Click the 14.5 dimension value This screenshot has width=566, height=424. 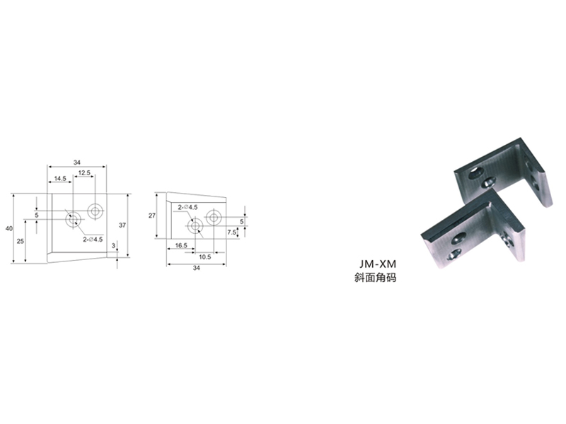coord(60,179)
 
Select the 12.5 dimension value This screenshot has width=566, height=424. coord(84,172)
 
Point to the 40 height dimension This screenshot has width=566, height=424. coord(9,228)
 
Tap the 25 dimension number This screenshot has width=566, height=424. coord(21,241)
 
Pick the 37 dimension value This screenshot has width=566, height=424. coord(122,225)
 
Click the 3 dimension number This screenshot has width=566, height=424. coord(113,246)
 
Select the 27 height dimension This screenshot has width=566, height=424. coord(152,216)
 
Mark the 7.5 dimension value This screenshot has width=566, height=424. coord(231,232)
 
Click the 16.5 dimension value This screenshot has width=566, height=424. coord(181,245)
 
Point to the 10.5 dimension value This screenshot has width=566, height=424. coord(204,257)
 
